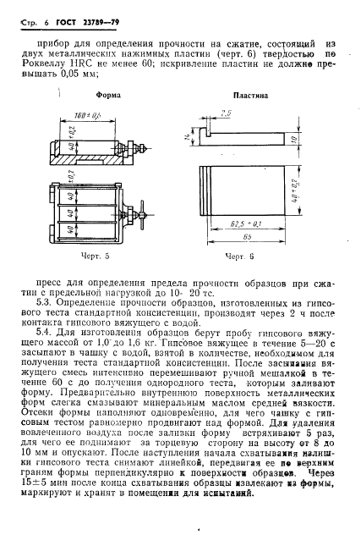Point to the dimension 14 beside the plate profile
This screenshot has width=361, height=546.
coord(195,135)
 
